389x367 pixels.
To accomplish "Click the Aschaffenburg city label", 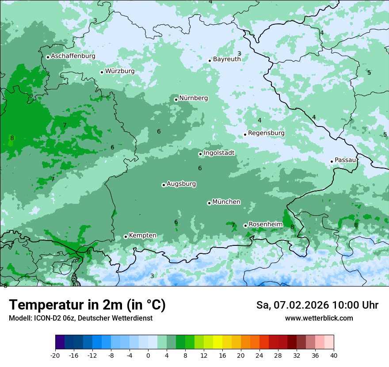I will point(73,56).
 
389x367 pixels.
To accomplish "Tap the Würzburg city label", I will point(120,71).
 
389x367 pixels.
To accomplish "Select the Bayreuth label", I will point(227,59).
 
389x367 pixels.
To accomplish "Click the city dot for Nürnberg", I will point(176,99).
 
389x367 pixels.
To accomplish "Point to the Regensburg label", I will point(266,133).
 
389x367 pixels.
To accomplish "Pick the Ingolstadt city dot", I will point(200,154).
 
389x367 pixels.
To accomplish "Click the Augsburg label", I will point(181,184).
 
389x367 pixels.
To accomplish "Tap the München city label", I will point(226,202).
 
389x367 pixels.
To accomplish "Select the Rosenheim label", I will point(265,225).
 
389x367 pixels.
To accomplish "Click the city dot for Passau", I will point(332,161).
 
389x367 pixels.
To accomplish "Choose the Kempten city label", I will point(142,236).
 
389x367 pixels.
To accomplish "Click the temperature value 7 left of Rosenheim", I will point(233,225).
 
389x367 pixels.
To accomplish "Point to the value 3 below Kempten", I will point(152,276).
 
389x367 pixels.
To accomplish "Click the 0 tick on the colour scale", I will point(148,356).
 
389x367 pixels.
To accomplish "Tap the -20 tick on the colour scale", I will point(55,356).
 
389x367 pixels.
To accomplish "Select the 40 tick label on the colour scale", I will point(334,356).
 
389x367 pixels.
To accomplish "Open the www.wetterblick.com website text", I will point(319,318).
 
